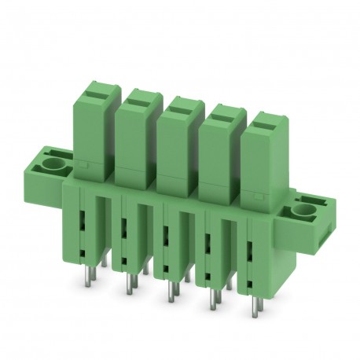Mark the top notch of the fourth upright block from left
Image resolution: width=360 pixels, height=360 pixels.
click(x=220, y=112)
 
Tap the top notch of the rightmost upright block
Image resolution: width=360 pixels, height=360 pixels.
click(x=264, y=122)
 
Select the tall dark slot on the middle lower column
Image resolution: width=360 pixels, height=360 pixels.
click(x=165, y=235)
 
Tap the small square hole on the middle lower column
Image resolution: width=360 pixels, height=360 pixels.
click(x=165, y=263)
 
